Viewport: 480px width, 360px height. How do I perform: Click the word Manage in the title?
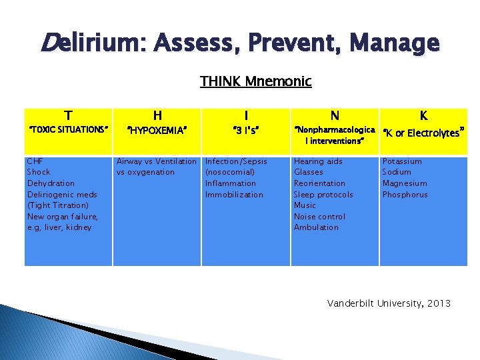[397, 43]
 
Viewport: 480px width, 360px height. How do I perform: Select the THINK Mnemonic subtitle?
[255, 81]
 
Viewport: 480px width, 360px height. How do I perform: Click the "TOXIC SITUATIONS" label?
[67, 129]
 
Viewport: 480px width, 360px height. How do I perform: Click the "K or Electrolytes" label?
[423, 132]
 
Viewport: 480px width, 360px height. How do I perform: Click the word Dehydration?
[51, 183]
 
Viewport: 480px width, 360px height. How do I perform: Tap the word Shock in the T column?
[39, 172]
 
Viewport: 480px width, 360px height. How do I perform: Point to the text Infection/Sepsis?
[236, 161]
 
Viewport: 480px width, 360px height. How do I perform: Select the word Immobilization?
[234, 195]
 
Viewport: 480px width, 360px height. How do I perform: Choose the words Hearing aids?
[318, 161]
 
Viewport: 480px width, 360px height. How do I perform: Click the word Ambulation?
[316, 227]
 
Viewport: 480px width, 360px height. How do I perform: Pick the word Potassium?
[402, 161]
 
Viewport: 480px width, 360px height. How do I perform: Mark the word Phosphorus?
[405, 195]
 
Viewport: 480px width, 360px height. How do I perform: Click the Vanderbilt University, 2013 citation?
[389, 303]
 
